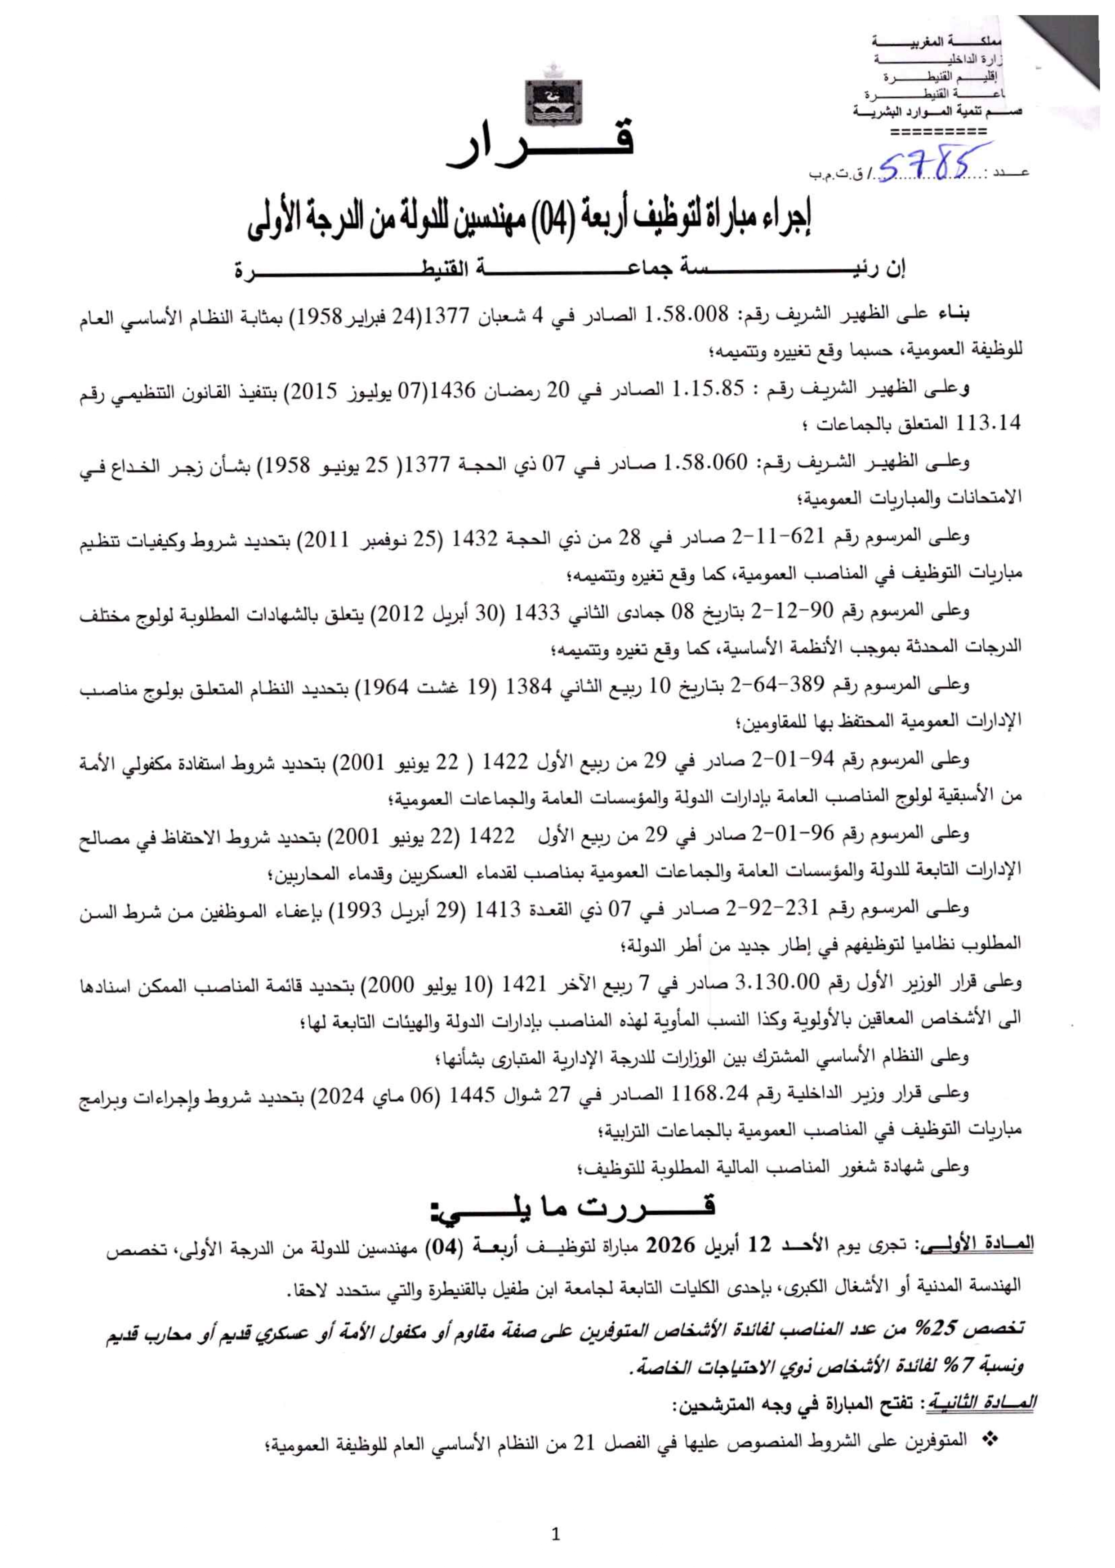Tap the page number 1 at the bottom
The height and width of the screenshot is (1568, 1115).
click(556, 1534)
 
